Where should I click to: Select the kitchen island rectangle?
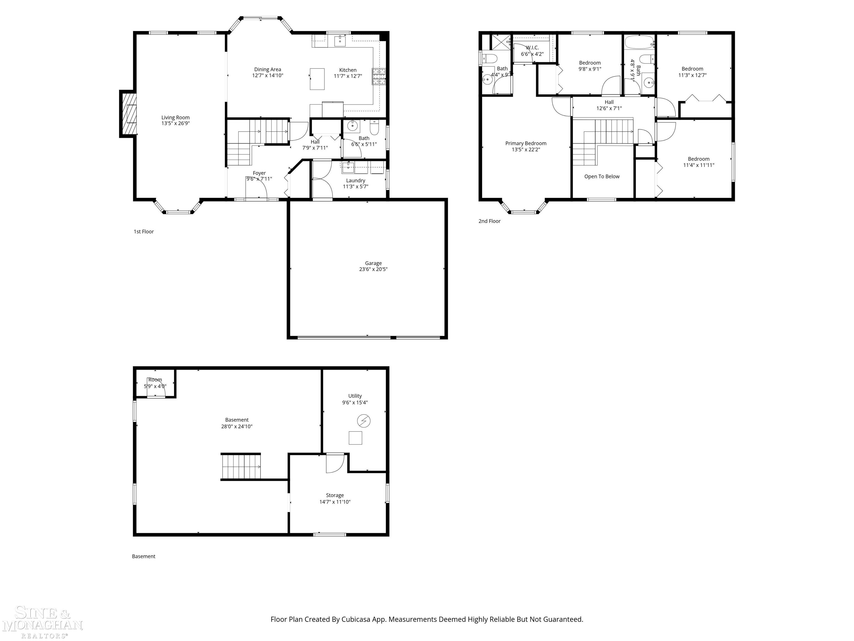pyautogui.click(x=317, y=79)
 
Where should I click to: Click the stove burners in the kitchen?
pyautogui.click(x=379, y=76)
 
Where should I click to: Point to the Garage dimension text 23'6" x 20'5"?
pyautogui.click(x=373, y=269)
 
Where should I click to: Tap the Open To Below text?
pyautogui.click(x=602, y=177)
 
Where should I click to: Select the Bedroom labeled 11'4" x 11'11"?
pyautogui.click(x=698, y=162)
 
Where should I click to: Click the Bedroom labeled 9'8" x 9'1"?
pyautogui.click(x=590, y=66)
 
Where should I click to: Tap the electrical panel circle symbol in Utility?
pyautogui.click(x=364, y=421)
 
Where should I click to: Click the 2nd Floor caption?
pyautogui.click(x=489, y=221)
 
